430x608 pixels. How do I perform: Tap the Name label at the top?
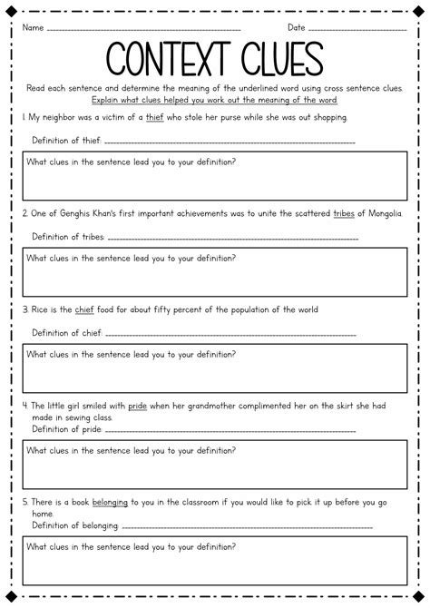(33, 27)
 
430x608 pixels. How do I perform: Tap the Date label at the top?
(297, 27)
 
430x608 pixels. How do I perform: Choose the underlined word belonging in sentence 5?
(109, 502)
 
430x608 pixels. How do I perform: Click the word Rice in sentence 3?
(41, 309)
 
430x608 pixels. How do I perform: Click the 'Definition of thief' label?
(66, 141)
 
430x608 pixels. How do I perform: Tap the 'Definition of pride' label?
(66, 429)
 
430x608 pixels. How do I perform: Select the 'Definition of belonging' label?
(75, 525)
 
